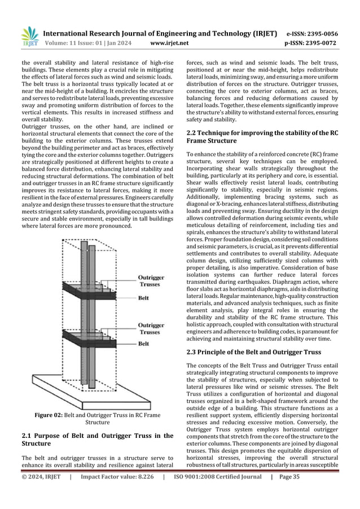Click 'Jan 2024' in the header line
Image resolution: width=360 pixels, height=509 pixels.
pyautogui.click(x=125, y=42)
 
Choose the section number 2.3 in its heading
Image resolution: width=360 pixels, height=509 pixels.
pyautogui.click(x=193, y=352)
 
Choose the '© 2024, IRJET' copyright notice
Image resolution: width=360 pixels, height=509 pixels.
pyautogui.click(x=41, y=492)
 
